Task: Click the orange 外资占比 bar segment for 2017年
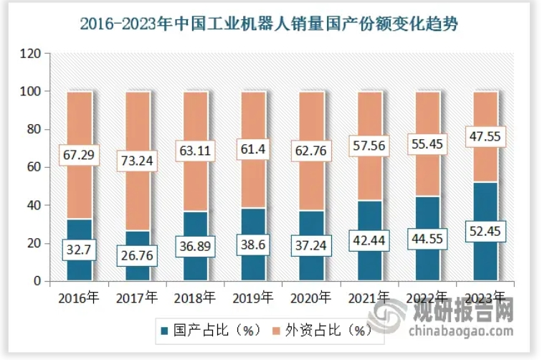[x=138, y=129]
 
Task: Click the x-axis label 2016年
[x=80, y=298]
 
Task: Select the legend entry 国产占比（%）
[x=209, y=331]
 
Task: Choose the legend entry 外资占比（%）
[x=325, y=331]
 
